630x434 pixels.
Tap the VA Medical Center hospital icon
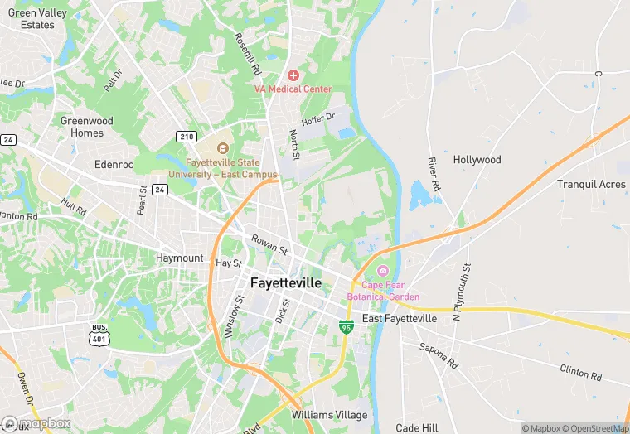[293, 75]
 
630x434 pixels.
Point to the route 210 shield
[186, 136]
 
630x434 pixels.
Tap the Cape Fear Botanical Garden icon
[382, 271]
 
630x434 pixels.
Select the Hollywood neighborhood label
[477, 160]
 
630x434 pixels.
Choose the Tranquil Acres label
[591, 184]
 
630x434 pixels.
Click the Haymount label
[179, 258]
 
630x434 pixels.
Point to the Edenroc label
[114, 165]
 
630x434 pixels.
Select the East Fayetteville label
[400, 319]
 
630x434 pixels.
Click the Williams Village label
[327, 413]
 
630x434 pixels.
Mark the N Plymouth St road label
[461, 292]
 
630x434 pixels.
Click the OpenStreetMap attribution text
[594, 428]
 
